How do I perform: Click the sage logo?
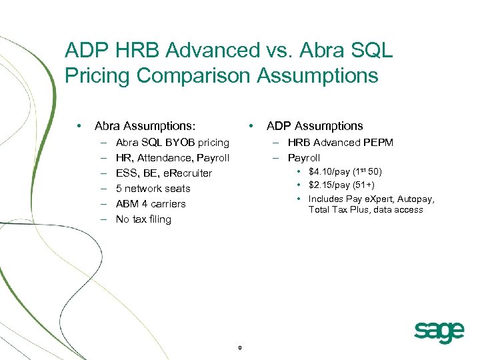[x=439, y=331]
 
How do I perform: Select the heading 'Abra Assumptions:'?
[x=145, y=126]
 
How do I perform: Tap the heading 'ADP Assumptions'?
[x=315, y=126]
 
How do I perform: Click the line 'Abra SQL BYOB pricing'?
[x=172, y=143]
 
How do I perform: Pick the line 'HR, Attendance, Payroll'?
[x=172, y=158]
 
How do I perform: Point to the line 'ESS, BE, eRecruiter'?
[x=163, y=173]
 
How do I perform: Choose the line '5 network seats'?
[x=153, y=189]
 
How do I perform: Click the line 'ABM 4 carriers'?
[x=151, y=204]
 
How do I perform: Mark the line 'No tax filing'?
[x=143, y=219]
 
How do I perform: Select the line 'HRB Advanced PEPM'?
[x=340, y=143]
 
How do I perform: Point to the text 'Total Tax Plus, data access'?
[x=365, y=210]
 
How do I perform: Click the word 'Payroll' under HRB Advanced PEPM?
[x=304, y=158]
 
